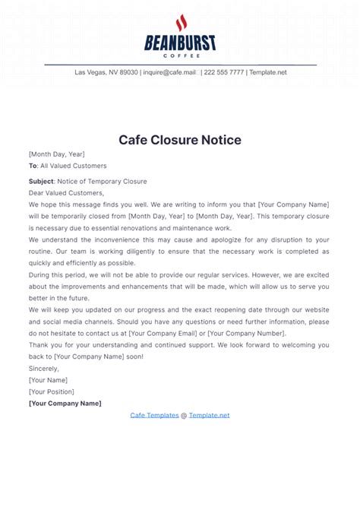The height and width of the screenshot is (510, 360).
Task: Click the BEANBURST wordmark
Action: click(x=180, y=43)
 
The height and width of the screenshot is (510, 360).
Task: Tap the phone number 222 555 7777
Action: click(x=223, y=72)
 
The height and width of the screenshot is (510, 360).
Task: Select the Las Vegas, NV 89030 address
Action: click(x=106, y=72)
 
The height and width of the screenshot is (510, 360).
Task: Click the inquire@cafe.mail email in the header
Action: click(x=169, y=72)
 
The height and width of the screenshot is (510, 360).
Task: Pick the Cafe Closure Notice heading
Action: click(x=180, y=140)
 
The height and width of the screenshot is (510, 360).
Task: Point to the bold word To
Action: click(x=33, y=166)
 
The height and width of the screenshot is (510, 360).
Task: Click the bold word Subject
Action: click(x=41, y=182)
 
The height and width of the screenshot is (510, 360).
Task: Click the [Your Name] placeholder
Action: click(x=48, y=380)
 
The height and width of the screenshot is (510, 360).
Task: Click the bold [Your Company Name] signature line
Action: click(x=65, y=404)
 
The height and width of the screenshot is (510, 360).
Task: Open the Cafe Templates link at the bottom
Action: click(x=154, y=415)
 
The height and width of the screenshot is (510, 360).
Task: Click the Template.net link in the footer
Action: click(x=209, y=415)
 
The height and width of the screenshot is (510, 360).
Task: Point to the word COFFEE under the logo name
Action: click(x=180, y=55)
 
